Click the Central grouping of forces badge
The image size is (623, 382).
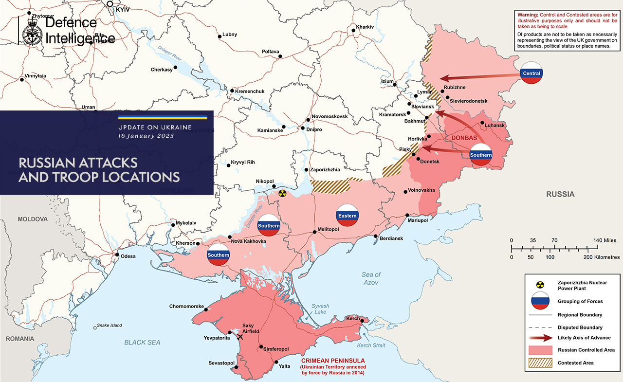(x=531, y=73)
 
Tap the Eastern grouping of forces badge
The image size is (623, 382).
(x=348, y=216)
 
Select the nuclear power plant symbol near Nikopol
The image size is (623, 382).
(x=282, y=193)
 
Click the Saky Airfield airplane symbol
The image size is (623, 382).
(x=239, y=336)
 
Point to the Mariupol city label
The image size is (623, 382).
(x=417, y=220)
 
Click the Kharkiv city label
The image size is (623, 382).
(x=365, y=26)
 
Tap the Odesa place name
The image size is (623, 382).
(x=128, y=256)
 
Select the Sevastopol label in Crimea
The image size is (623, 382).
(x=222, y=363)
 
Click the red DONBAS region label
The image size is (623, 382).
(x=464, y=138)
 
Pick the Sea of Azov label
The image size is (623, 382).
(x=371, y=278)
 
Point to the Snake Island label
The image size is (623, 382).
(x=110, y=326)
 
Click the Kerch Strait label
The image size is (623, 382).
(x=370, y=346)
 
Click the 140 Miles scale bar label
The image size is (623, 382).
(x=604, y=240)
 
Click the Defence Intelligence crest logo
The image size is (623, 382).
(x=32, y=31)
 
